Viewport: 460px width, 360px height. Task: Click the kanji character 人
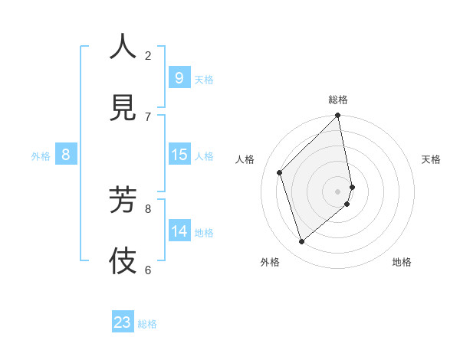pos(123,47)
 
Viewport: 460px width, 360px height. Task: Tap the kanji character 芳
pos(123,198)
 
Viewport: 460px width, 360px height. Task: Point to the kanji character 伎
pos(123,260)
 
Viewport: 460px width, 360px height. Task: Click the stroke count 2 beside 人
pos(148,55)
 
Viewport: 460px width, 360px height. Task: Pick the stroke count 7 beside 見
pos(148,116)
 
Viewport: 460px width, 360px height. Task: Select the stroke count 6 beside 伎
pos(148,270)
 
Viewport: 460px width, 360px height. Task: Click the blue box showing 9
pos(179,78)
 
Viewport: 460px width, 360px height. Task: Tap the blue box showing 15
pos(179,155)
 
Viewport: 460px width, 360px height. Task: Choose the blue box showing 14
pos(179,231)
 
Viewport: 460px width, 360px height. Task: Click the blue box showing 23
pos(123,322)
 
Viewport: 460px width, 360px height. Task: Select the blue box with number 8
pos(66,155)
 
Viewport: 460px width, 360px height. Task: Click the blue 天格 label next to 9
pos(204,80)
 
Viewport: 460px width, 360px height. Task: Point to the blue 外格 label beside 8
pos(41,156)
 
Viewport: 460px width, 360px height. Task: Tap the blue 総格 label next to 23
pos(147,324)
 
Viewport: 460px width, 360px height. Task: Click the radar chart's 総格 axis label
pos(338,100)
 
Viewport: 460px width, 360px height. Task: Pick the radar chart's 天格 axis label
pos(432,159)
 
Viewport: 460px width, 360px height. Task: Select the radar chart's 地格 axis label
pos(402,262)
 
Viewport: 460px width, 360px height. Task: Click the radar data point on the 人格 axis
pos(280,172)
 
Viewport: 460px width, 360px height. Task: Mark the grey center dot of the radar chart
pos(338,191)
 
